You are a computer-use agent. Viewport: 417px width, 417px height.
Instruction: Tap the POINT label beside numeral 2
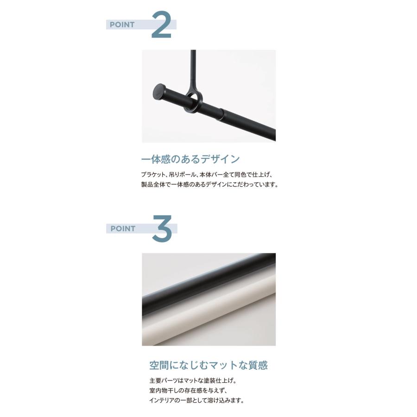[122, 25]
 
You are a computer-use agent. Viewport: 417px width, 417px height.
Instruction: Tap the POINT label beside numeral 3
[123, 228]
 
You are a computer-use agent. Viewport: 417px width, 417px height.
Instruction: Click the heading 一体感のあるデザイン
[190, 159]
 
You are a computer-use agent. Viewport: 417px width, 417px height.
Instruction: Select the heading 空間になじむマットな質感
[208, 365]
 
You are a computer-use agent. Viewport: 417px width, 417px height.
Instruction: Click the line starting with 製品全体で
[209, 184]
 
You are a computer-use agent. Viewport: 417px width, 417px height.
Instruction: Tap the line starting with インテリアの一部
[197, 400]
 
